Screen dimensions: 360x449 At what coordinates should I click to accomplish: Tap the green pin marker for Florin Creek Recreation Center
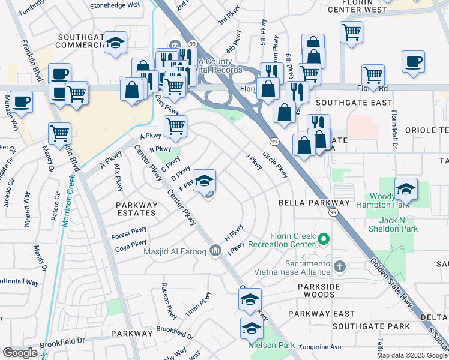click(x=324, y=240)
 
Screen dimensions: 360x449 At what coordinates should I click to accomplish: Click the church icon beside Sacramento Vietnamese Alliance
click(x=340, y=266)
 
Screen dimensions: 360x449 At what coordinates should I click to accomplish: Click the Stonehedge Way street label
click(x=115, y=5)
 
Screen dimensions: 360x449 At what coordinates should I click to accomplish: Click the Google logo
click(x=20, y=353)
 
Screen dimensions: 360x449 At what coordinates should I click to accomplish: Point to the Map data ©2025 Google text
click(x=411, y=355)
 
